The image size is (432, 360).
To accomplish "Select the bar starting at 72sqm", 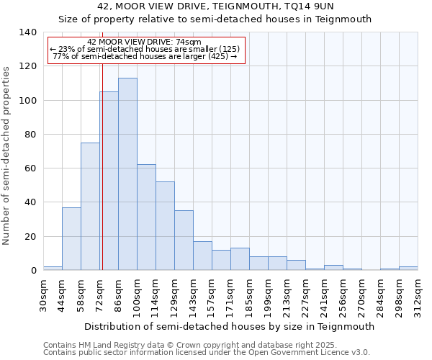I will (x=109, y=181).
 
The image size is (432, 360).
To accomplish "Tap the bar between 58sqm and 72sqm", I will (x=90, y=206).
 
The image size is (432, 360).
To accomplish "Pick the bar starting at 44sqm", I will (x=71, y=238).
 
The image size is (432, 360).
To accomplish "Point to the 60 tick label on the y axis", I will (x=30, y=168).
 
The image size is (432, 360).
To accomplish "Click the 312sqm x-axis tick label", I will (x=418, y=295).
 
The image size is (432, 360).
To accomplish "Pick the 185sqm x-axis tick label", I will (x=250, y=295).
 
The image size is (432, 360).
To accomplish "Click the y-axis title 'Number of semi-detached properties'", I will (x=7, y=155).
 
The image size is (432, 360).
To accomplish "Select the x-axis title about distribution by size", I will (x=230, y=326).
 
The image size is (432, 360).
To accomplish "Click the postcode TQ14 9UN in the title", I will (x=308, y=6).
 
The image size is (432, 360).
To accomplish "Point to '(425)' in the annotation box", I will (x=217, y=56).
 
